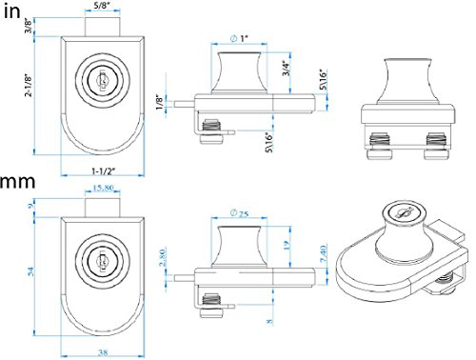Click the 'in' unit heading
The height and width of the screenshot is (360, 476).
pos(12,11)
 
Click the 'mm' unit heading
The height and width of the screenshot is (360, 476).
pos(17,182)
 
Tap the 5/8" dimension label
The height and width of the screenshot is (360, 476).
pos(103,5)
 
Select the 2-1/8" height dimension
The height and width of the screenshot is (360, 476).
pos(29,86)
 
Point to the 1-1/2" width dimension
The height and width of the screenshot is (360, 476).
pos(103,171)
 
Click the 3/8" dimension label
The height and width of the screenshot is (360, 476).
pos(29,26)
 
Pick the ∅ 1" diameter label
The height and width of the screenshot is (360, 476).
pos(239,39)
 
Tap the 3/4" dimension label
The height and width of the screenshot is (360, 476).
pos(287,69)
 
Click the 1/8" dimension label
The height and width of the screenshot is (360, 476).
pos(160,102)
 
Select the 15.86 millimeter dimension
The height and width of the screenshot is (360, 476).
pos(103,188)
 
